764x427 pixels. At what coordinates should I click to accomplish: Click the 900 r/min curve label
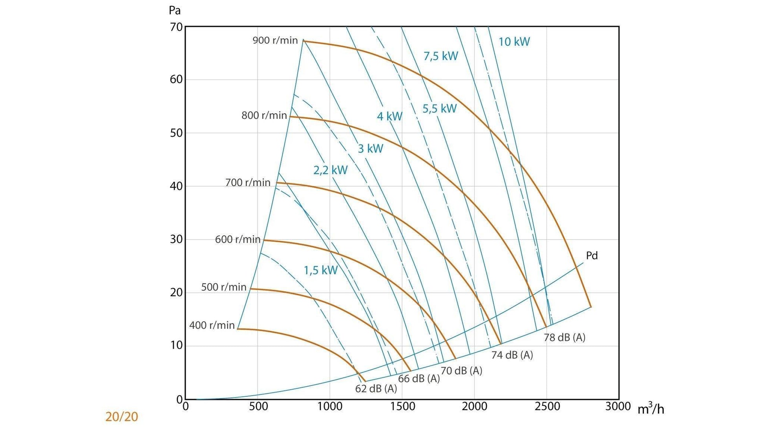coord(275,40)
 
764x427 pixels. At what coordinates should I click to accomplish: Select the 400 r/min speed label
coord(212,326)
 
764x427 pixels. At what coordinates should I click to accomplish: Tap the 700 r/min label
coord(248,183)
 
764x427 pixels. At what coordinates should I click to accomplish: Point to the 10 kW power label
coord(514,42)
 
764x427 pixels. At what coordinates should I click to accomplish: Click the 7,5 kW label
coord(440,56)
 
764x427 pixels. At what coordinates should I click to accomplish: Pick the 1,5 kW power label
coord(320,271)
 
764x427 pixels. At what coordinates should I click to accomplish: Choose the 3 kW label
coord(370,149)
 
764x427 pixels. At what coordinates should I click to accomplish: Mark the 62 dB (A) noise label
coord(376,389)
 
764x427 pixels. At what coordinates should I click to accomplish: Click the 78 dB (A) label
coord(564,337)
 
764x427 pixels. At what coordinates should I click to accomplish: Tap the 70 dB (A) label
coord(461,371)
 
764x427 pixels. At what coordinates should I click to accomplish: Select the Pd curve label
coord(592,256)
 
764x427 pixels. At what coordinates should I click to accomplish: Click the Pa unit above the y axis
coord(175,11)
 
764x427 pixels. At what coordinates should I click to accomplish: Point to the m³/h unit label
coord(651,409)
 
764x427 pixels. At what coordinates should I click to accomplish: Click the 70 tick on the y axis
coord(176,27)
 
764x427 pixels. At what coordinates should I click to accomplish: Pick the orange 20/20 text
coord(122,417)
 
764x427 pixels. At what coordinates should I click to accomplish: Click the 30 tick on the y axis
coord(176,239)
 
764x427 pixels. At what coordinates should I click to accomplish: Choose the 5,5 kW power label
coord(439,109)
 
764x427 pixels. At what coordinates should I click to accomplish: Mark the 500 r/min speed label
coord(223,287)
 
